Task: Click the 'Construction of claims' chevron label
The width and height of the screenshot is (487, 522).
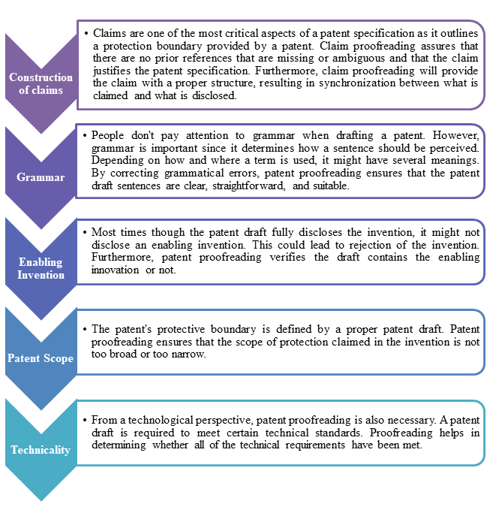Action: [x=41, y=83]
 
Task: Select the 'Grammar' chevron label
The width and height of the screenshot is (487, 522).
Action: [x=41, y=177]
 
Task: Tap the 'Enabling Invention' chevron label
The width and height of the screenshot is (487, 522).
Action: [x=41, y=268]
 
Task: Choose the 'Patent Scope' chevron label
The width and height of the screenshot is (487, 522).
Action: [x=41, y=358]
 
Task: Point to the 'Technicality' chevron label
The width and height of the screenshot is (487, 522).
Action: [x=41, y=450]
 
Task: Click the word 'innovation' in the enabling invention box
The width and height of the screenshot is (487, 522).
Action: [x=115, y=270]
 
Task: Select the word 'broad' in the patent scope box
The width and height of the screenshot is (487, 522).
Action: [x=123, y=354]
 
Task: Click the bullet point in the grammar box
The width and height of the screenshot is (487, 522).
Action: [x=85, y=136]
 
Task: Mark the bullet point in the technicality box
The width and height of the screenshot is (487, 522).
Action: [x=85, y=421]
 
